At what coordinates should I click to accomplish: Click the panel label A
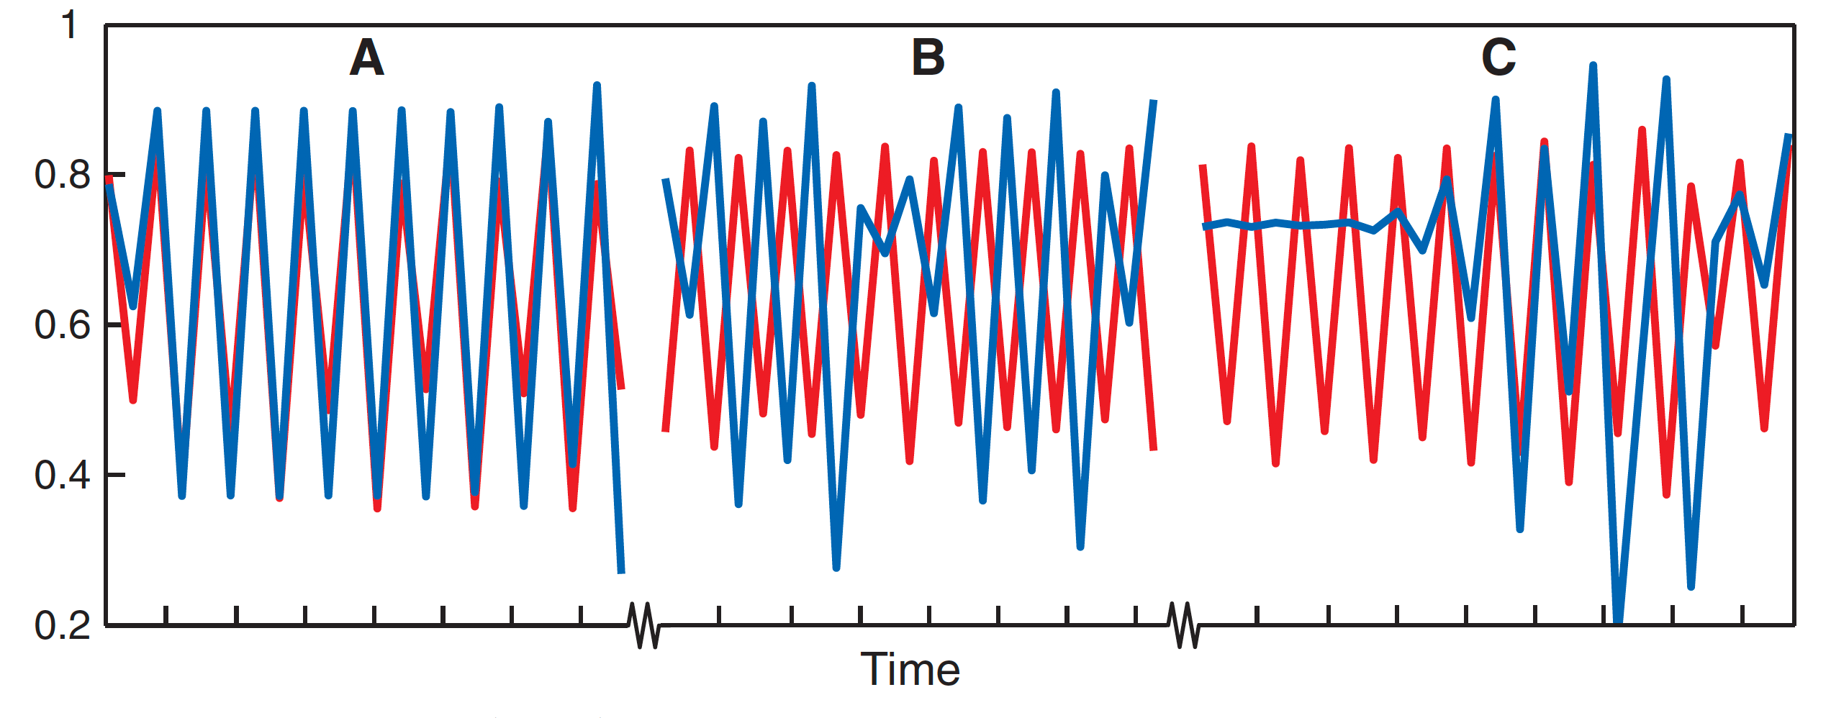click(366, 58)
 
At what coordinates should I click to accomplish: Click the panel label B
click(928, 58)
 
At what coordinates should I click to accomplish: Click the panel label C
click(1498, 58)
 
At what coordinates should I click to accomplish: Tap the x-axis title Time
click(910, 670)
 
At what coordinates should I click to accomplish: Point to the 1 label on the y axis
click(69, 24)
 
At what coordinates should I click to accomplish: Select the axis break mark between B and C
click(1183, 624)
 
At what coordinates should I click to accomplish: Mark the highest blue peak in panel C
click(1593, 66)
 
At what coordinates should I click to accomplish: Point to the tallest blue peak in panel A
click(597, 86)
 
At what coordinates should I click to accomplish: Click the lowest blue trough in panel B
click(836, 568)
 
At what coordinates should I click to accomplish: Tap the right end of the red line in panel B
click(1154, 449)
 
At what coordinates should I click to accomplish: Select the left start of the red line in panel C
click(1202, 166)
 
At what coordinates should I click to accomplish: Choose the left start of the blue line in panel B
click(665, 180)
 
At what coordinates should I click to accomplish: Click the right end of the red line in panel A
click(622, 388)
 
